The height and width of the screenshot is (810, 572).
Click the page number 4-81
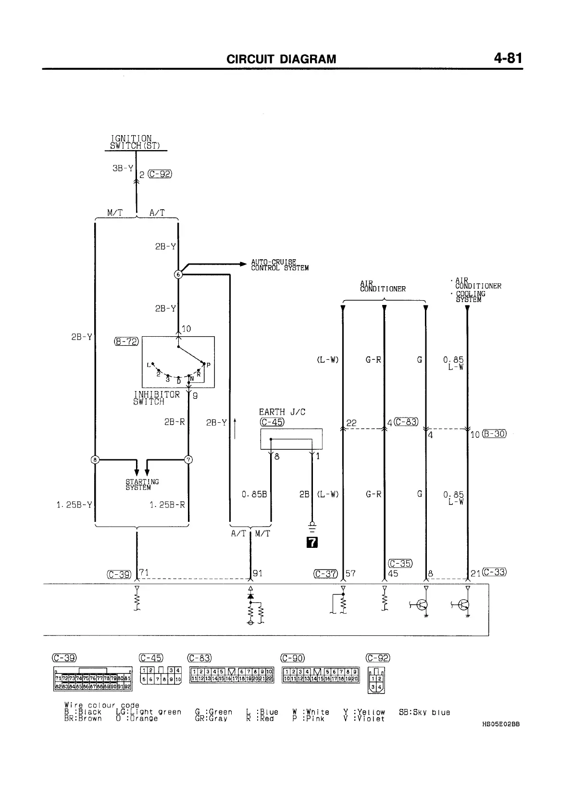click(x=507, y=59)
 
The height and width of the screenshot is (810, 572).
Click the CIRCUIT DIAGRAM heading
click(x=281, y=59)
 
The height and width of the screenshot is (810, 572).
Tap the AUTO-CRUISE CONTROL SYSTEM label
click(x=280, y=265)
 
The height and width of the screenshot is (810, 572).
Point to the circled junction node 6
click(x=178, y=274)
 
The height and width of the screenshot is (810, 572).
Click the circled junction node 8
click(x=95, y=459)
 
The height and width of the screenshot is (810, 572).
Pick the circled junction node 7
click(x=188, y=459)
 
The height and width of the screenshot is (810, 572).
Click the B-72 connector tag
click(x=126, y=342)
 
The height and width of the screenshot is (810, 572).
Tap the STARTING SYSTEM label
click(x=142, y=484)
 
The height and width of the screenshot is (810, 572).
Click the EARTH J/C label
click(x=282, y=412)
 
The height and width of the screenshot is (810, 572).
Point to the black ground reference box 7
click(x=312, y=543)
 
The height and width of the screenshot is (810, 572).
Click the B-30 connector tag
click(x=494, y=434)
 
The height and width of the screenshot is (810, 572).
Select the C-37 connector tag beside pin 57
click(x=325, y=573)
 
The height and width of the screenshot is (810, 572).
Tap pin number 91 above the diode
click(x=258, y=573)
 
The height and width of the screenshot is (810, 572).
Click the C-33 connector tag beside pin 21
click(x=495, y=572)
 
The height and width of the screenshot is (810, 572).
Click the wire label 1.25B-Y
click(x=74, y=505)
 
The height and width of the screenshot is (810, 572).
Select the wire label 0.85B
click(x=254, y=494)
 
